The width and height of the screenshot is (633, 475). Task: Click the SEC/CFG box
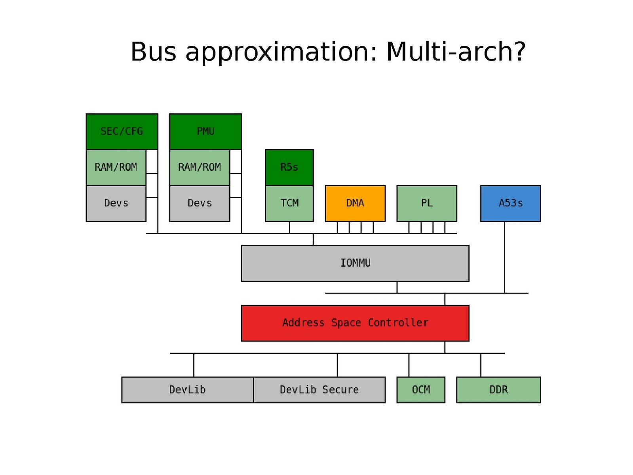(122, 132)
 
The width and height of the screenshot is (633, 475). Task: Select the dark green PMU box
(205, 132)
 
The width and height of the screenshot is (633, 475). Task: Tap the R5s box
(289, 167)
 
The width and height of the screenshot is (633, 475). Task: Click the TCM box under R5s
(289, 203)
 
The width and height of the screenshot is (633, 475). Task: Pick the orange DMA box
(355, 203)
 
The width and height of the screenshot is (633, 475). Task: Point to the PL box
(427, 203)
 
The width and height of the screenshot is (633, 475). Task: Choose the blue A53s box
(510, 203)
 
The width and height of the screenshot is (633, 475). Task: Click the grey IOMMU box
(355, 263)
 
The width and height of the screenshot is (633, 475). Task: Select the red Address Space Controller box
(355, 323)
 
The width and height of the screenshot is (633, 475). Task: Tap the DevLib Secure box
(319, 390)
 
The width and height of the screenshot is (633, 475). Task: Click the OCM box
(421, 390)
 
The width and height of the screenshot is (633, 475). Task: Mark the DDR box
(498, 390)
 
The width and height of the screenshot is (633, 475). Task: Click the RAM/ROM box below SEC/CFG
(116, 167)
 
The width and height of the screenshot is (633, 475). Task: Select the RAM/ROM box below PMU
(200, 167)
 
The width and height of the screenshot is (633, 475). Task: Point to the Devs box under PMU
(200, 203)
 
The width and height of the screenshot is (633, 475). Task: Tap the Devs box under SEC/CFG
(116, 203)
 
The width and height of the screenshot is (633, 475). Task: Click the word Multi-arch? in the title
(456, 52)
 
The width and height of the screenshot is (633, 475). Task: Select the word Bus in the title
(153, 52)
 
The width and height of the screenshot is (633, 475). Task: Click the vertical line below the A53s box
(504, 258)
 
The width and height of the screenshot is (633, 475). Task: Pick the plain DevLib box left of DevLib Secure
(187, 390)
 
